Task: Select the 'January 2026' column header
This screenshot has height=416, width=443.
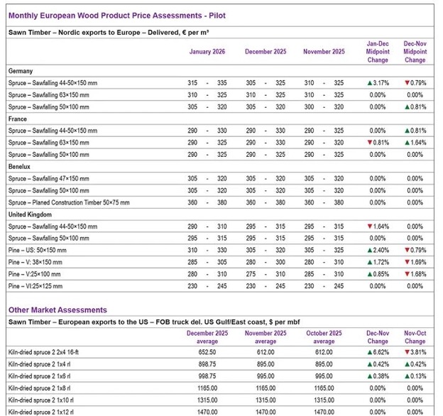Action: click(x=208, y=52)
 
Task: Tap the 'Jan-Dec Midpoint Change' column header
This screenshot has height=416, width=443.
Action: click(x=377, y=52)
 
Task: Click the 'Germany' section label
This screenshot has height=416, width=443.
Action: click(x=21, y=71)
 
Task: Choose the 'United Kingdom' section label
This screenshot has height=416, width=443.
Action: click(x=31, y=214)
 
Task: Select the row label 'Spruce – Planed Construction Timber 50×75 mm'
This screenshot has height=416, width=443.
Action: click(x=69, y=202)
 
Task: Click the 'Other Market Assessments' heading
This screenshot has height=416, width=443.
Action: click(x=58, y=310)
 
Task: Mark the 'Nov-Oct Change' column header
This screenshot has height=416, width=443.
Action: click(x=415, y=336)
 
